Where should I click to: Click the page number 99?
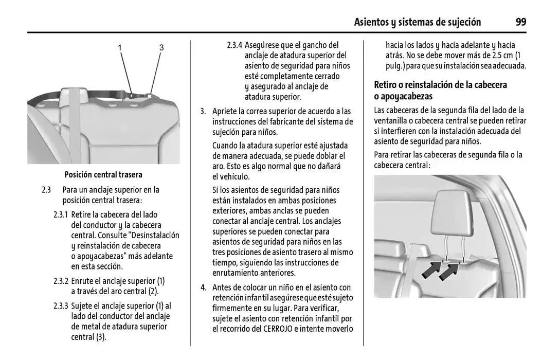point(520,22)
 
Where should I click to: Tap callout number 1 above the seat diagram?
point(120,48)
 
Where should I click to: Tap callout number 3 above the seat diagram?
point(161,48)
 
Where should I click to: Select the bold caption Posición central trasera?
point(103,175)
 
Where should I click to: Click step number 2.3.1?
point(61,214)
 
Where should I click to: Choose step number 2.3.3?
point(61,306)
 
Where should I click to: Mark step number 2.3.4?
point(234,45)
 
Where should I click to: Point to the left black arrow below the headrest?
point(431,269)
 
